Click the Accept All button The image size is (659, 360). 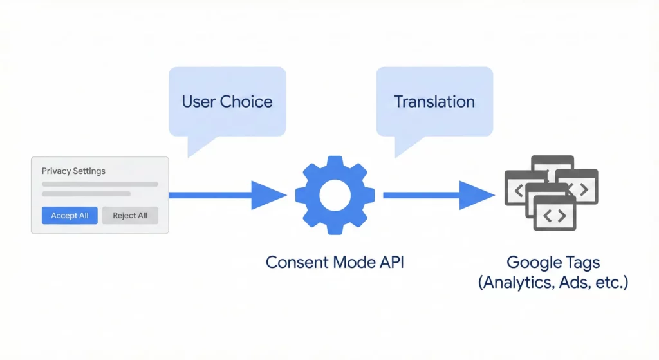click(70, 216)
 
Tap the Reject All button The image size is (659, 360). click(129, 216)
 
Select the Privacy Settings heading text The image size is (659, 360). click(73, 171)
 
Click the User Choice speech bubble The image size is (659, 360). click(227, 102)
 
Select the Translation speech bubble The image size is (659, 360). click(434, 102)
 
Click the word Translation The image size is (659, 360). click(434, 102)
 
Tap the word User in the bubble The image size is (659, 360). click(199, 102)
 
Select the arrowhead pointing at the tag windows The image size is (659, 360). click(477, 195)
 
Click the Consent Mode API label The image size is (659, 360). click(335, 262)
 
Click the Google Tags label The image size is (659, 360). click(553, 262)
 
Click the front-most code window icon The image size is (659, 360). click(550, 216)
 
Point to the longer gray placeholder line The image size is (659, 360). click(100, 184)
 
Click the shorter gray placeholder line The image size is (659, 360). click(86, 194)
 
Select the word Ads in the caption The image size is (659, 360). click(570, 283)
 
